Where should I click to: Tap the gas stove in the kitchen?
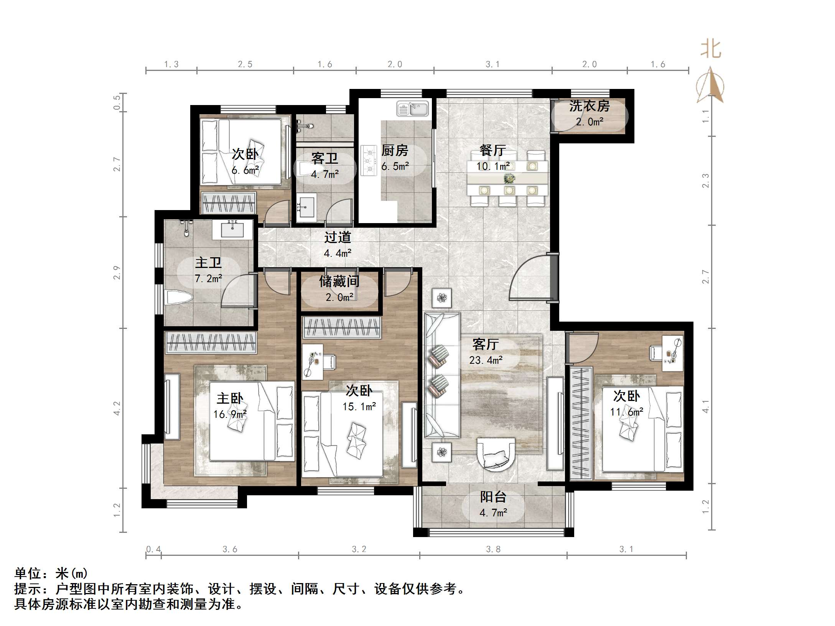tap(369, 160)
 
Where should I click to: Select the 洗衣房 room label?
tap(589, 106)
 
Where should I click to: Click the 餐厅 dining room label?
tap(492, 150)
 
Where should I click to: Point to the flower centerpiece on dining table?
tap(509, 178)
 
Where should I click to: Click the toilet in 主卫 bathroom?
tap(178, 297)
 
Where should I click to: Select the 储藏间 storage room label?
tap(339, 282)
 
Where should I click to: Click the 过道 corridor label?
tap(338, 238)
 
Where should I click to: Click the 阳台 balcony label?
tap(493, 497)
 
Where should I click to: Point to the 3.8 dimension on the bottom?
tap(493, 549)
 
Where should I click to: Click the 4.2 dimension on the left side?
tap(117, 408)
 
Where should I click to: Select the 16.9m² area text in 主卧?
tap(230, 414)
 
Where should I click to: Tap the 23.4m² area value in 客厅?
tap(486, 360)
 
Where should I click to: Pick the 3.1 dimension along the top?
tap(492, 64)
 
